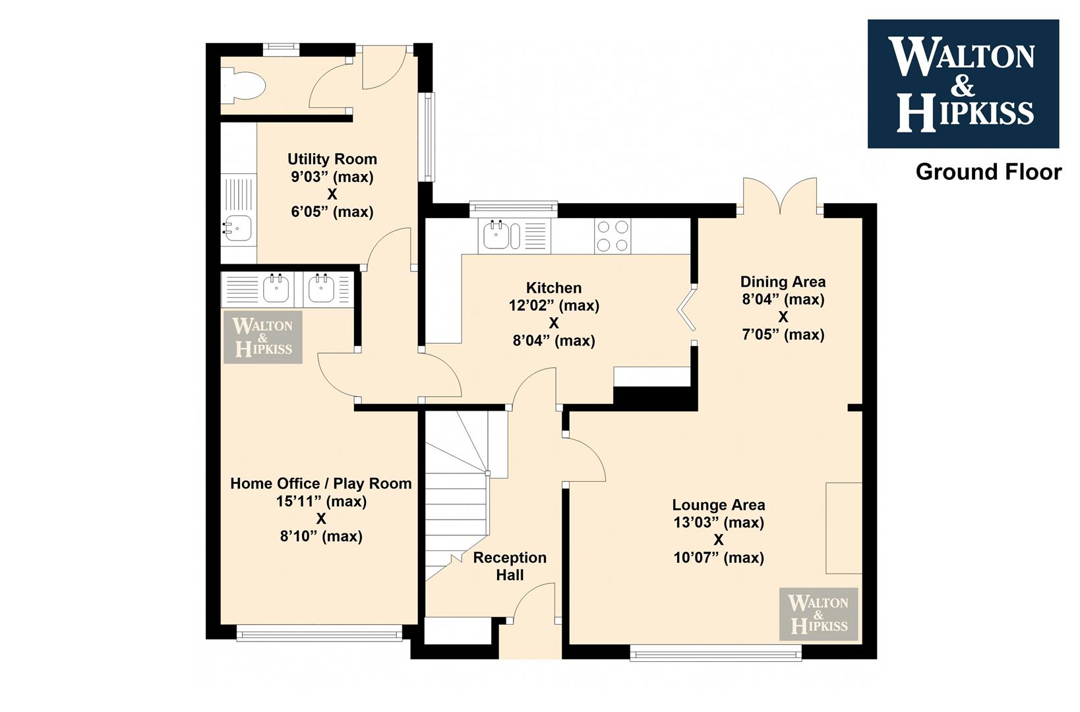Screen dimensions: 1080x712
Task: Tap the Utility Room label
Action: (332, 159)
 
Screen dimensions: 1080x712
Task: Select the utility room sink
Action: (237, 228)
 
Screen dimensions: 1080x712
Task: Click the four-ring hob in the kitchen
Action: (613, 236)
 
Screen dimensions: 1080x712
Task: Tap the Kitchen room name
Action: (553, 288)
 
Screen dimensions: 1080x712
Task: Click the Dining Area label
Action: (783, 282)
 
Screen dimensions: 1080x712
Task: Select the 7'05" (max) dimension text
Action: (783, 334)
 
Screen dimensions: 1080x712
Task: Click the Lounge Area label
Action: (719, 505)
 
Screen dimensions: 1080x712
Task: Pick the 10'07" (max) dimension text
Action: (719, 557)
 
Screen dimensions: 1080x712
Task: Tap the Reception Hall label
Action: (510, 566)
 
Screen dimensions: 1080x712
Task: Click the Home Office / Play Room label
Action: (321, 483)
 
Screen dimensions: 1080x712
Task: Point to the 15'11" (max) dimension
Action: (321, 501)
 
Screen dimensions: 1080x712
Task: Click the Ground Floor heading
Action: (988, 172)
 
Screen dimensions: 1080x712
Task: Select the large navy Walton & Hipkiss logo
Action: (963, 83)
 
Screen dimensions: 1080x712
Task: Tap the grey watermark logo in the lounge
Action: (819, 614)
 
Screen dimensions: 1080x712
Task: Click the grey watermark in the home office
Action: (263, 337)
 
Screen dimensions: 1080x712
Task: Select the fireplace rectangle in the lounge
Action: (844, 528)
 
